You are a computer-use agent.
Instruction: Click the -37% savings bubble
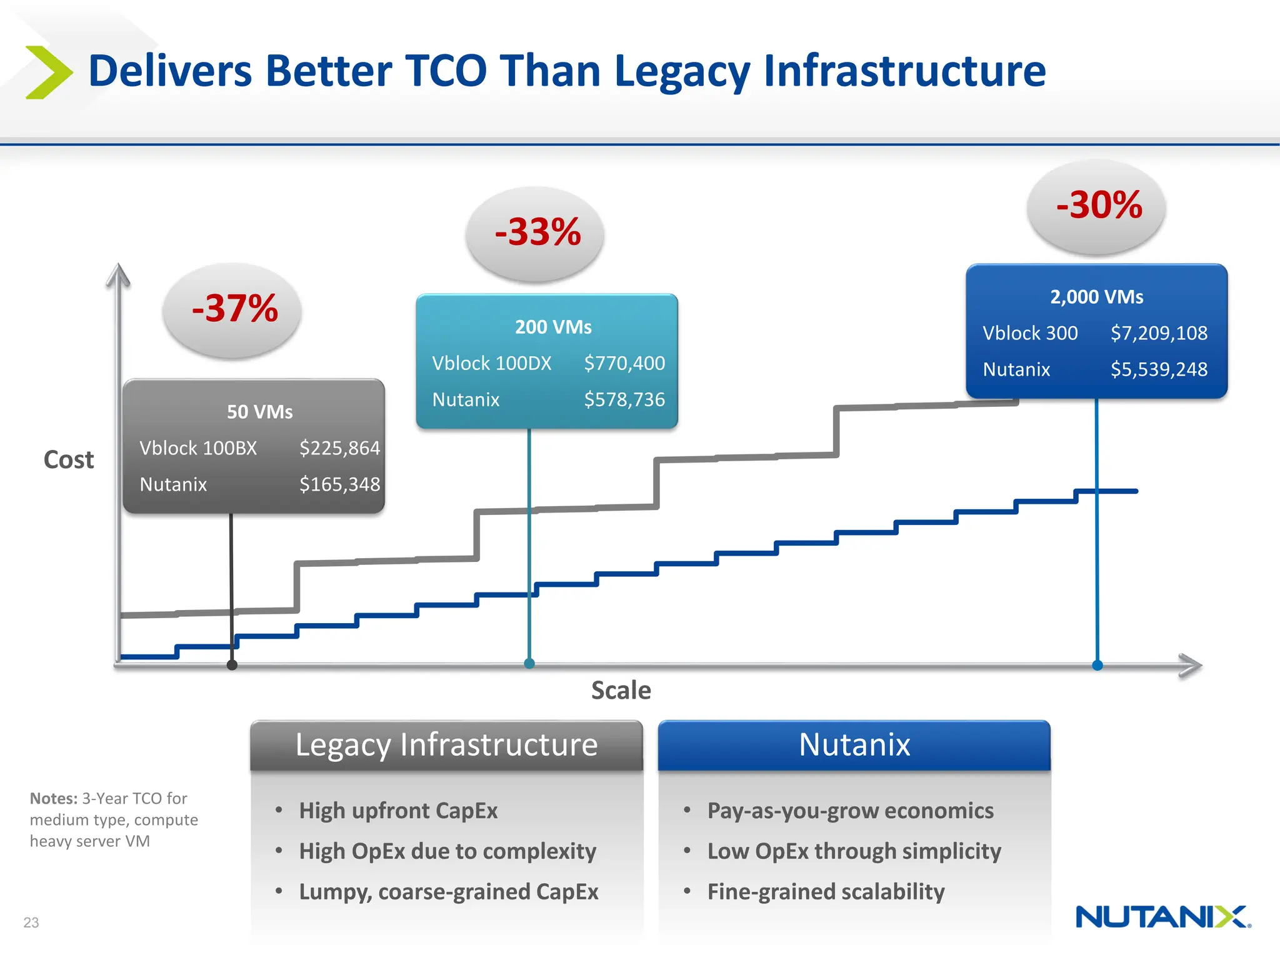(232, 310)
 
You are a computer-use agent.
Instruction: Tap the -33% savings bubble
(536, 233)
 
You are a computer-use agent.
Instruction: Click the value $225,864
(339, 448)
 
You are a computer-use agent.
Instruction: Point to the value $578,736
(624, 399)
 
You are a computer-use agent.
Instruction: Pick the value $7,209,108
(1158, 333)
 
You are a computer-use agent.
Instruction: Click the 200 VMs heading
(552, 327)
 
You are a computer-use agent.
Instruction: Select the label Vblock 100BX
(198, 448)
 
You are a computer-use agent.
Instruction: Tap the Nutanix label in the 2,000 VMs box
(1016, 369)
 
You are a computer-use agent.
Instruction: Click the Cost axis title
(69, 460)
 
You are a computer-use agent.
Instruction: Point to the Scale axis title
(621, 691)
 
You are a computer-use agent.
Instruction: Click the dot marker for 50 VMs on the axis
(232, 665)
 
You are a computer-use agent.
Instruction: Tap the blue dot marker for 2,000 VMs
(1097, 665)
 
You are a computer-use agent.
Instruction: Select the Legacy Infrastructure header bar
(446, 745)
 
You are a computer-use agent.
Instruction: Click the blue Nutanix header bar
(854, 745)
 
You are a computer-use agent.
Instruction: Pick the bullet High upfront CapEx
(398, 811)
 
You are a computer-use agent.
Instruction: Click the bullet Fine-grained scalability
(826, 892)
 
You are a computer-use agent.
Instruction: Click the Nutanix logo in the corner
(1162, 917)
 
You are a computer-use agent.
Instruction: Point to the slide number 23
(31, 922)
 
